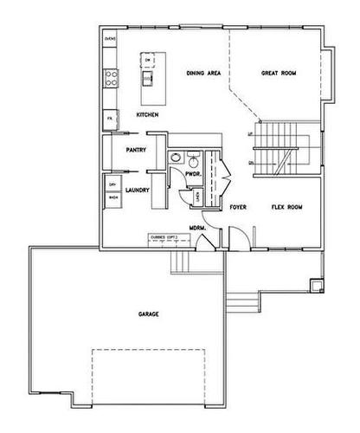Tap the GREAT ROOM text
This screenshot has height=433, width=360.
point(279,74)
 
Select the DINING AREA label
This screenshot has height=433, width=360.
point(205,74)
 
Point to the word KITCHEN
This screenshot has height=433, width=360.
point(148,114)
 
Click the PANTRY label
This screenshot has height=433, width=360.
point(134,150)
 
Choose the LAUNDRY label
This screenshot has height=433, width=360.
point(138,190)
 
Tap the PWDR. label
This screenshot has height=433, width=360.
point(195,175)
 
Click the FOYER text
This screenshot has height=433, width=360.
point(239,208)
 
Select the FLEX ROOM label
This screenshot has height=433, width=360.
point(286,208)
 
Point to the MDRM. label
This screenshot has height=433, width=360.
point(197,228)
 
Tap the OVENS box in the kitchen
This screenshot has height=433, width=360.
point(111,40)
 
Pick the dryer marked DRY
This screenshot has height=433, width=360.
point(112,184)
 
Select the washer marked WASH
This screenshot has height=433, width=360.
point(112,198)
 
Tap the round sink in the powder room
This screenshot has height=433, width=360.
point(176,158)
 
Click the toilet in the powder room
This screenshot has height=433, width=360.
point(194,159)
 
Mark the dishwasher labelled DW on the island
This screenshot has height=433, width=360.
point(149,59)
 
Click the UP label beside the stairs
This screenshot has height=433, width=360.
point(251,135)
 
